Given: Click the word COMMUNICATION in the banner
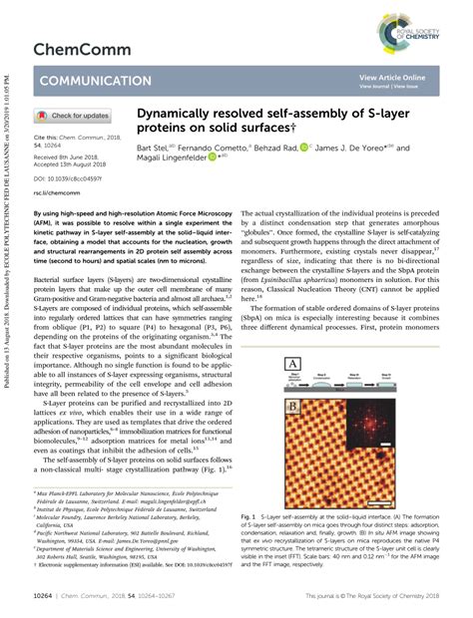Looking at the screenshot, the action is pyautogui.click(x=91, y=82).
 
